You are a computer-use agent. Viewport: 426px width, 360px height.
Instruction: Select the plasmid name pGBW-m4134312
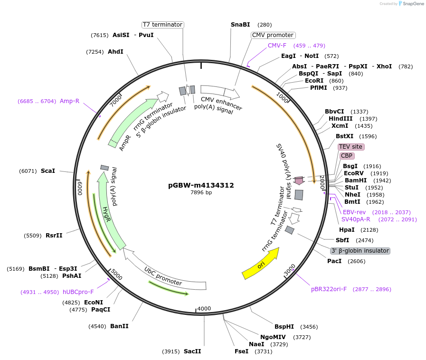(201, 185)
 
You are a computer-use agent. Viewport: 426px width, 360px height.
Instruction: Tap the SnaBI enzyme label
(240, 24)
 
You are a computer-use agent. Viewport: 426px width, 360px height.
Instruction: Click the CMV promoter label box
(273, 35)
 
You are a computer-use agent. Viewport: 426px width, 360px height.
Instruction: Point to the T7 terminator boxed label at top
(163, 25)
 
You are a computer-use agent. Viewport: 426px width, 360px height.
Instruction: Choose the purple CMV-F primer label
(277, 46)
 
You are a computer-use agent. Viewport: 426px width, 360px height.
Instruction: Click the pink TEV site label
(351, 147)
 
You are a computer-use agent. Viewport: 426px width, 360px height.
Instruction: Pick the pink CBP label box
(346, 156)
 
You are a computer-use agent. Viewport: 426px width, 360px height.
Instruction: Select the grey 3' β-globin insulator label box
(360, 251)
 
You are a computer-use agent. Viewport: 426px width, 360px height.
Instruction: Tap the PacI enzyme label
(334, 261)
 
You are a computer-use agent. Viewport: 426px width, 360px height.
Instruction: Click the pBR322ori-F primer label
(329, 289)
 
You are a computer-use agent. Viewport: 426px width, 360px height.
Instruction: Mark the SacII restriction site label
(192, 351)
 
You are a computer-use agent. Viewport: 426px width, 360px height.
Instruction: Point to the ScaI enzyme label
(48, 171)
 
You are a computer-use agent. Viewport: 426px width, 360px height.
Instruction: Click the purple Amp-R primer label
(69, 101)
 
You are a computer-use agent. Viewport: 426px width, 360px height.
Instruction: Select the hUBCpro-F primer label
(78, 292)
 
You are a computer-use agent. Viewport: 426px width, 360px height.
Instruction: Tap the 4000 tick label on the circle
(204, 309)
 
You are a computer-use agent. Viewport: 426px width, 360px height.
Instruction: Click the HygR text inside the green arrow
(107, 214)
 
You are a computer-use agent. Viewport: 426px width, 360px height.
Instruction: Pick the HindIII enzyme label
(340, 119)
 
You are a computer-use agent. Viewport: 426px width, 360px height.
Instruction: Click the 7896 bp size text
(201, 193)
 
